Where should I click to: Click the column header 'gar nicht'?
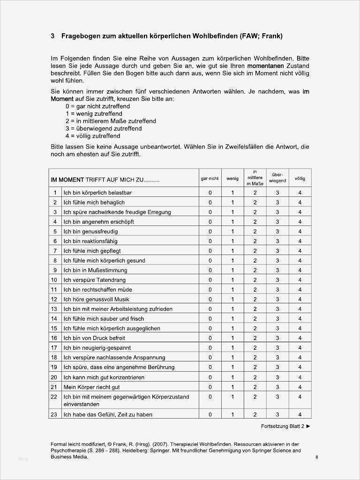[210, 179]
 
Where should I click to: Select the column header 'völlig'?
[300, 179]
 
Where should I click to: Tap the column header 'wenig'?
[232, 179]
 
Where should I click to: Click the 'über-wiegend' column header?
[277, 178]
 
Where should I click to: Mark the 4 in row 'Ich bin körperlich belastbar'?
[300, 193]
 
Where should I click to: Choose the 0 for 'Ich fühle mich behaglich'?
[210, 202]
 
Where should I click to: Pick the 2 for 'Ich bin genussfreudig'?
[255, 232]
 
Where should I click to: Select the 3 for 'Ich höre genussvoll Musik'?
[277, 299]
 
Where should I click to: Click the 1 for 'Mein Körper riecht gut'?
[232, 387]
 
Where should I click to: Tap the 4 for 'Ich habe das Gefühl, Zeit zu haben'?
[300, 414]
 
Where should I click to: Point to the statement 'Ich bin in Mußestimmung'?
[95, 270]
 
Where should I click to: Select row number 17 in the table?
[54, 348]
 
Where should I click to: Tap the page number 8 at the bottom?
[317, 457]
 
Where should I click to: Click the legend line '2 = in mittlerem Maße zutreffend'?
[111, 121]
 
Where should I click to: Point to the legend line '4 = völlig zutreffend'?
[93, 136]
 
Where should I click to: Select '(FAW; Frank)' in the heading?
[259, 36]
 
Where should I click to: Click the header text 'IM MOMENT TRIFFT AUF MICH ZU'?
[105, 180]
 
